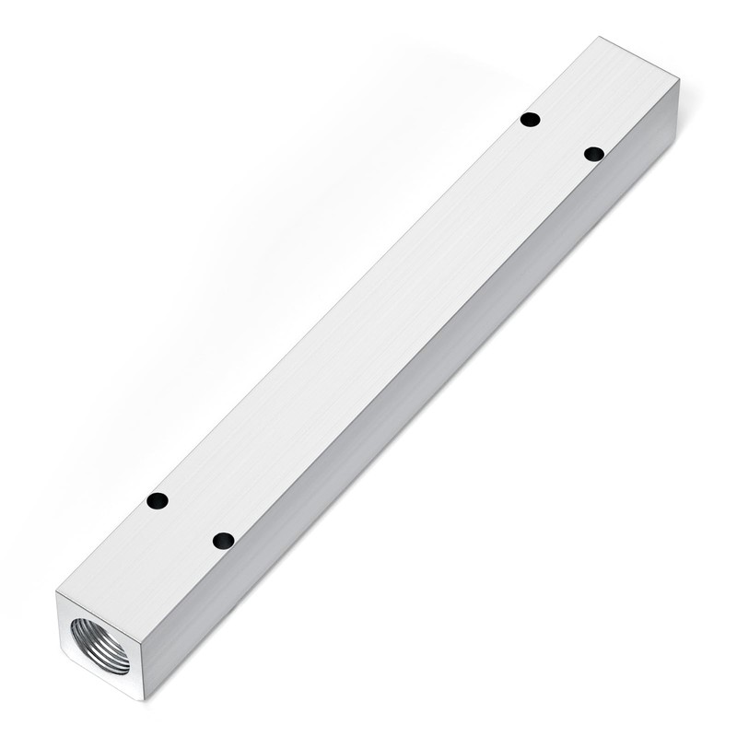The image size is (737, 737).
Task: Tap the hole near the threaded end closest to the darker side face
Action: (x=223, y=541)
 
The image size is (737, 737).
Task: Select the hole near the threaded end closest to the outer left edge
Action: (x=158, y=501)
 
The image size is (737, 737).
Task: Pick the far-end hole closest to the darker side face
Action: (x=594, y=154)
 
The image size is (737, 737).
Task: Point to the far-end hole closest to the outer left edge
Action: (x=530, y=119)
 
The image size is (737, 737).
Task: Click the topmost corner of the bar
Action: (x=600, y=38)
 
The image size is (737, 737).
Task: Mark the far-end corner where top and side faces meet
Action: (x=679, y=81)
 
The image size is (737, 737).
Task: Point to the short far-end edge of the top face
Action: (x=639, y=59)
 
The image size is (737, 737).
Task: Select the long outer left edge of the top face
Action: (x=328, y=316)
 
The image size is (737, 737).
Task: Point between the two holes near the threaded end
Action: (x=191, y=521)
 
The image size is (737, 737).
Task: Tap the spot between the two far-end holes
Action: (x=562, y=136)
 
